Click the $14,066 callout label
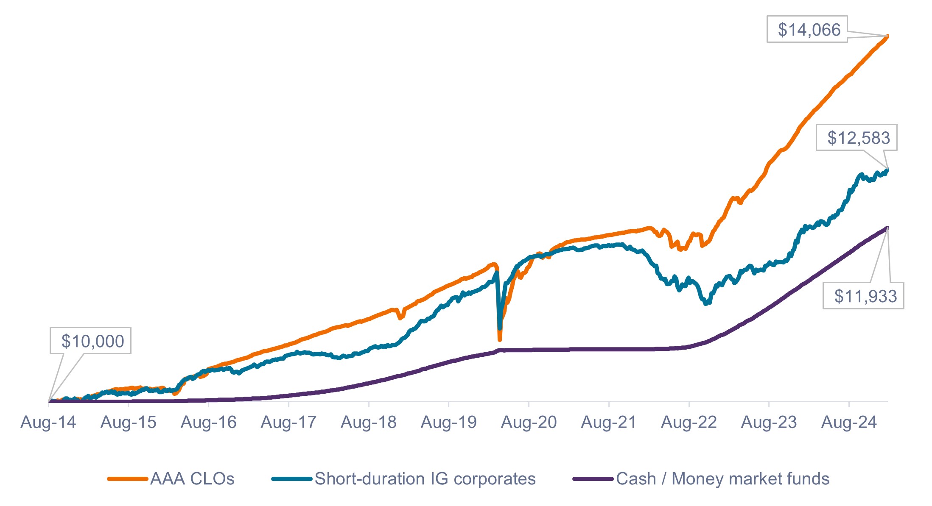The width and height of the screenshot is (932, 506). tap(809, 30)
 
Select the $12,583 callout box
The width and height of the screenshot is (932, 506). tap(858, 138)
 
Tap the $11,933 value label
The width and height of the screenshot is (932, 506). tap(865, 296)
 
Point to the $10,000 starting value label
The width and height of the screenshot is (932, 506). tap(92, 341)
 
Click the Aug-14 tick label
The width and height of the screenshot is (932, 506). tap(48, 422)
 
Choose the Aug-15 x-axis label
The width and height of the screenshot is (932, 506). tap(128, 422)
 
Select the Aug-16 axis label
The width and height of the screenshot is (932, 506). tap(208, 422)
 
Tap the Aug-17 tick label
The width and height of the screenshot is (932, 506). tap(288, 422)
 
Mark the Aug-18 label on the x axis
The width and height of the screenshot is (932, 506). tap(368, 422)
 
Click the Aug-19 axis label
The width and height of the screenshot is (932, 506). tap(448, 422)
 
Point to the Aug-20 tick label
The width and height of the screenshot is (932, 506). tap(529, 422)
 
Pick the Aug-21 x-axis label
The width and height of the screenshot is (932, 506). tap(609, 422)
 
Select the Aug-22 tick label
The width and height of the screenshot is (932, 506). tap(689, 422)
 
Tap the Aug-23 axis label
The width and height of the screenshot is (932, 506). tap(769, 422)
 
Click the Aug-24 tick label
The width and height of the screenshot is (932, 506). tap(849, 422)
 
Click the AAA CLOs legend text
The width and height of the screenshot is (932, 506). tap(192, 479)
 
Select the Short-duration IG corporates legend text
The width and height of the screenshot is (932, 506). tap(425, 479)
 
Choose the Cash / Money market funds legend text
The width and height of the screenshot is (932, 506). tap(722, 479)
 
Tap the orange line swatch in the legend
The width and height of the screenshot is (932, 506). tap(128, 479)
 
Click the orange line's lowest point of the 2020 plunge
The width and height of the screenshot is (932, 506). tap(500, 339)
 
